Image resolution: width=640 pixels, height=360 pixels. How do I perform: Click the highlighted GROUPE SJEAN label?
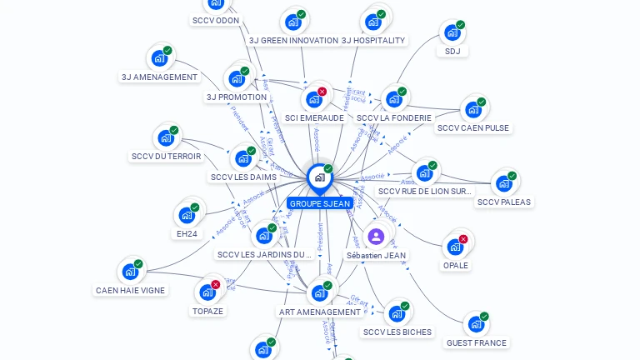tap(320, 203)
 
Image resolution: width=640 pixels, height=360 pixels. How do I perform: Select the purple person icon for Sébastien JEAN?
tap(376, 237)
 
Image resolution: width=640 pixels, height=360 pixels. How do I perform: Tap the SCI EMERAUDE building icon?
tap(314, 99)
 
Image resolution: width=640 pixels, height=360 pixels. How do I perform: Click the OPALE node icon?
tap(455, 247)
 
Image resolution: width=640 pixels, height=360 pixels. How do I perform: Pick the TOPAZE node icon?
tap(207, 292)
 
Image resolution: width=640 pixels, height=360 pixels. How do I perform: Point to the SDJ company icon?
tap(452, 32)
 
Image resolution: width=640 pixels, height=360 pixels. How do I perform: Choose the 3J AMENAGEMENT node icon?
tap(159, 59)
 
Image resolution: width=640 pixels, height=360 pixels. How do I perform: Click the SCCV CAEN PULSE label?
tap(473, 128)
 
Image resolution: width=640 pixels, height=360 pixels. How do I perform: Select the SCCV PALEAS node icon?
tap(503, 183)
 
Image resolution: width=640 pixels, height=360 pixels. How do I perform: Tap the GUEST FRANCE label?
tap(476, 342)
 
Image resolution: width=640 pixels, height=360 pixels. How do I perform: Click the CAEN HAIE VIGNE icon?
tap(130, 272)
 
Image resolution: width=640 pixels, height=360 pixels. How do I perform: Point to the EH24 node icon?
tap(187, 215)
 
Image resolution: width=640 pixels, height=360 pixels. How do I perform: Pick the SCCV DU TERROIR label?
tap(167, 157)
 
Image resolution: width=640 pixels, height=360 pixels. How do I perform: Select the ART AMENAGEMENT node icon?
tap(319, 293)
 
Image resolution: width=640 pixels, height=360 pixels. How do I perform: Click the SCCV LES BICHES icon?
tap(397, 313)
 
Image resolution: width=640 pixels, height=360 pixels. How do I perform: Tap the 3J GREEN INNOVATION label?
tap(293, 40)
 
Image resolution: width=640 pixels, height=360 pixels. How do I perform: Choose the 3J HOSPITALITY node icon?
tap(372, 22)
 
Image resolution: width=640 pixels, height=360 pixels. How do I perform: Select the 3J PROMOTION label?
tap(237, 97)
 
